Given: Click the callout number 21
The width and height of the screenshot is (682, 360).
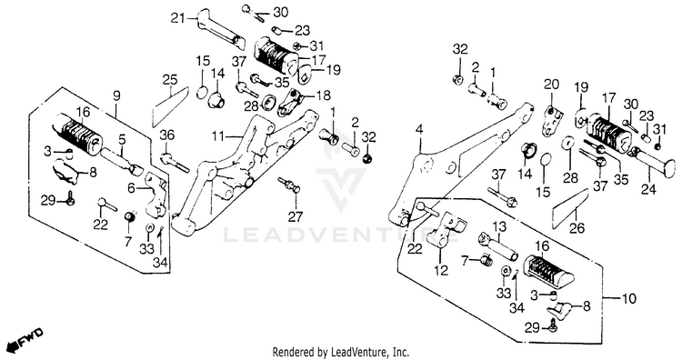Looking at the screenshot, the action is [x=177, y=19].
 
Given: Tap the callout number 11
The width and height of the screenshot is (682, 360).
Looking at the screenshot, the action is [x=218, y=137].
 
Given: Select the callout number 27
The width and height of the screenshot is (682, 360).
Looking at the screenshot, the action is [x=296, y=215].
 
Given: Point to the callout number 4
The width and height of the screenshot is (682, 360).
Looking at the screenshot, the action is [x=419, y=129].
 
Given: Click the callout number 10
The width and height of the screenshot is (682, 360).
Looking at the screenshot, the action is [x=629, y=299].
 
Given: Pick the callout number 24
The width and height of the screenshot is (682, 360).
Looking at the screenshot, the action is [x=648, y=189].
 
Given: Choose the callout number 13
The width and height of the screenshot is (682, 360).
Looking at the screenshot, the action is [x=500, y=226].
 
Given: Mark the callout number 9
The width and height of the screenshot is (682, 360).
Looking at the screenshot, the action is [x=116, y=96].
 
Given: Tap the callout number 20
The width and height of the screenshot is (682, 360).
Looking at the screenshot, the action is [x=551, y=84].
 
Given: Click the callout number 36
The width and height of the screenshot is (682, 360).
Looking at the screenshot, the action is [x=167, y=135].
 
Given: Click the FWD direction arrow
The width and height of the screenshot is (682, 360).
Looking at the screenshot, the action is [x=26, y=339].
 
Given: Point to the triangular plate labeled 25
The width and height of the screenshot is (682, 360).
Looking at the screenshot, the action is [x=170, y=107].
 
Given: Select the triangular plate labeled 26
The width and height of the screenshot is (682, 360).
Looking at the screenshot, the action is [x=570, y=209].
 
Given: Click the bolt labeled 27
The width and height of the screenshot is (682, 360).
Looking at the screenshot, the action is [x=289, y=185].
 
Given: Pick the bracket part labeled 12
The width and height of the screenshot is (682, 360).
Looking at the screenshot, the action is [x=445, y=229].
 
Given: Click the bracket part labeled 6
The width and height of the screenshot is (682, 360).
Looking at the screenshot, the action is [x=155, y=194].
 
